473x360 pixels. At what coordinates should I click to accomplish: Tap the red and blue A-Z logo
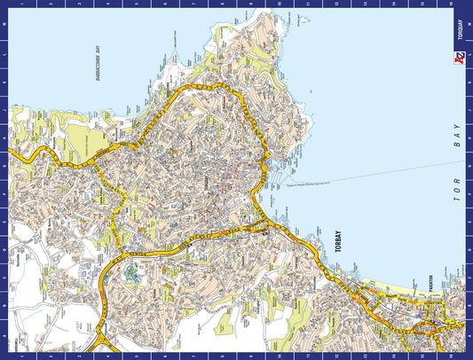459,60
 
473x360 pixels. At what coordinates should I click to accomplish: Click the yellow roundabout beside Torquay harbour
258,230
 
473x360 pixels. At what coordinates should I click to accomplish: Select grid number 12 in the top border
337,4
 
